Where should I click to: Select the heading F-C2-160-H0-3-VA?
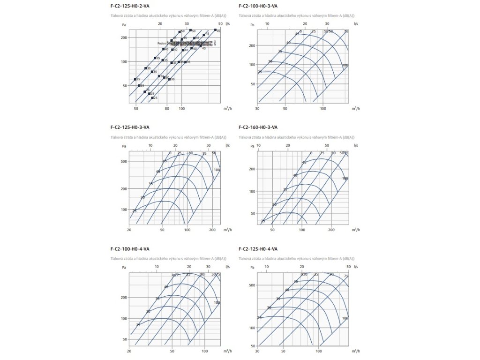tap(258, 127)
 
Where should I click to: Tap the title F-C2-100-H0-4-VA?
tap(130, 248)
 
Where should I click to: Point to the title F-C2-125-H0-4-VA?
tap(258, 248)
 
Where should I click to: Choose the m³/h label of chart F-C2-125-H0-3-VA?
tap(227, 230)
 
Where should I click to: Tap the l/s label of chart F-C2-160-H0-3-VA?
tap(356, 145)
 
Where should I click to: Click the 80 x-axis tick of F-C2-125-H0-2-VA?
tap(167, 109)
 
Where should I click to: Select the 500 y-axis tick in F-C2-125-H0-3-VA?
tap(124, 161)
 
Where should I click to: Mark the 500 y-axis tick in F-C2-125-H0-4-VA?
tap(252, 285)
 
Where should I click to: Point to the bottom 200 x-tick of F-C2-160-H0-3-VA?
tap(331, 230)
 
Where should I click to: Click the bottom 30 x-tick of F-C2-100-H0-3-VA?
tap(257, 109)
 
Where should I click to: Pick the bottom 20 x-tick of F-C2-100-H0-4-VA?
tap(129, 351)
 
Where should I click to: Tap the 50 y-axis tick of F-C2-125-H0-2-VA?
tap(124, 86)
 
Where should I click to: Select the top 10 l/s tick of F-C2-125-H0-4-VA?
tap(266, 266)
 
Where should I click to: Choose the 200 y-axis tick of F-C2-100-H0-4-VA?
tap(124, 298)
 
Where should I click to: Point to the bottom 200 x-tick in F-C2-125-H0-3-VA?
tap(212, 230)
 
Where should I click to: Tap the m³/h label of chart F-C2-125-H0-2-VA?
tap(227, 109)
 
